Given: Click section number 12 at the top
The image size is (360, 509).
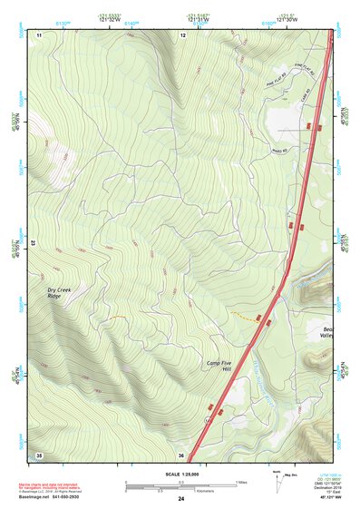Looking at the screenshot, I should click(182, 34).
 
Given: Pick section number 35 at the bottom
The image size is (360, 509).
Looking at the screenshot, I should click(39, 454).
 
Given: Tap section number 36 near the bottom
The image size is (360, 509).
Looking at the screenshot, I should click(182, 455).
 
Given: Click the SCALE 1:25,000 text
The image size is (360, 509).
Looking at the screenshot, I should click(182, 475).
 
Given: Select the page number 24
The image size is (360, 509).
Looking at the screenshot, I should click(181, 499).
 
